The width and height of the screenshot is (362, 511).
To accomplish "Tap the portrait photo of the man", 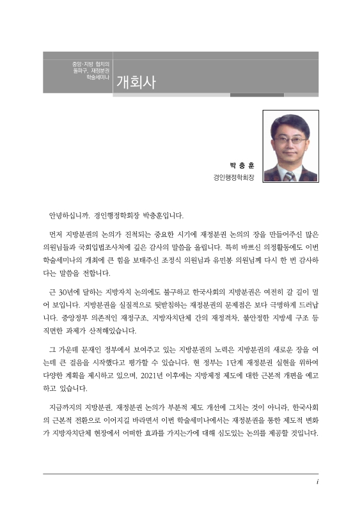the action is pos(290,146).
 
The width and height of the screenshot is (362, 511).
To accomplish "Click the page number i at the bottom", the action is pos(317,481).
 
